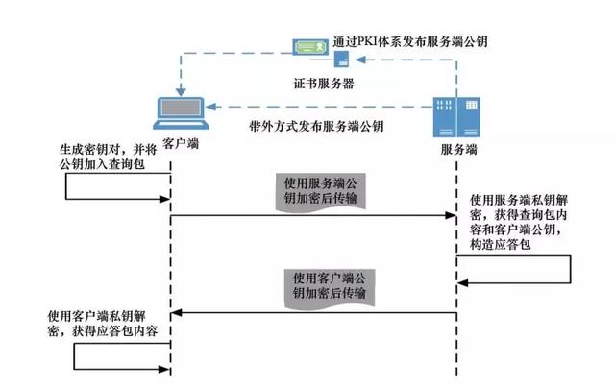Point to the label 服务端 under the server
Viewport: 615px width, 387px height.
click(x=459, y=151)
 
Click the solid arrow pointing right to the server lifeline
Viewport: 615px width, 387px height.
click(x=312, y=217)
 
